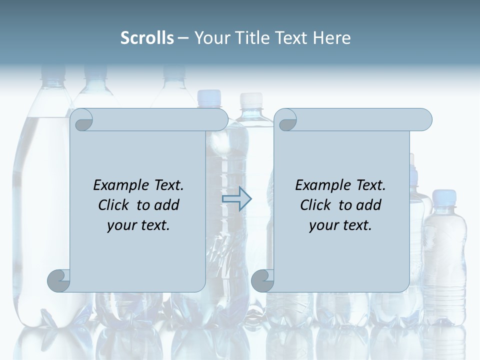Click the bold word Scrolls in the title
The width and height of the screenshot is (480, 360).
(x=147, y=37)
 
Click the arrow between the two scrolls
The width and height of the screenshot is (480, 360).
(x=236, y=199)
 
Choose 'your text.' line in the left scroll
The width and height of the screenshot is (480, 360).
(x=138, y=225)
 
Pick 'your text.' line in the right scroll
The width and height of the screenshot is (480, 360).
(x=340, y=225)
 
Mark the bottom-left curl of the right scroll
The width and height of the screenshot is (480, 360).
(x=262, y=280)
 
